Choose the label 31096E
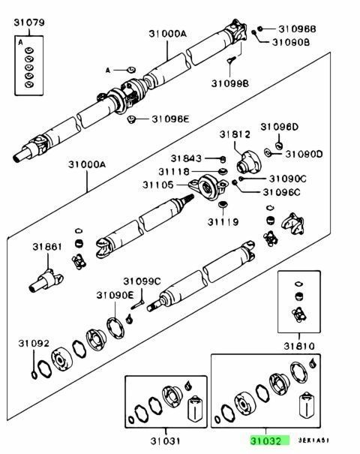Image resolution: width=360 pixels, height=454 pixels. click(x=171, y=119)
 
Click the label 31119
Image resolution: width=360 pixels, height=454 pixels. click(x=223, y=222)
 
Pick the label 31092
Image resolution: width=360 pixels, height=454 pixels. click(x=34, y=344)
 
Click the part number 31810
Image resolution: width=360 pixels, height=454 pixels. click(x=298, y=346)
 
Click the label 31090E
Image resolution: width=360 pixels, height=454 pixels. click(x=114, y=295)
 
